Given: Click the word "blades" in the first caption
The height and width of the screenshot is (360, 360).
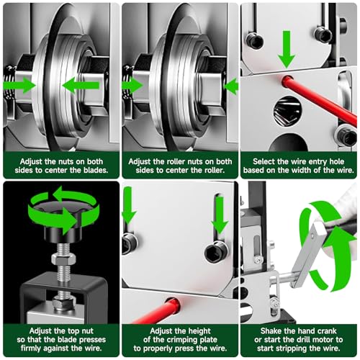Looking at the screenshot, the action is pyautogui.click(x=96, y=170).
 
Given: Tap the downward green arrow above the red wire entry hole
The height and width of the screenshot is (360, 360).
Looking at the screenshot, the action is pyautogui.click(x=287, y=49).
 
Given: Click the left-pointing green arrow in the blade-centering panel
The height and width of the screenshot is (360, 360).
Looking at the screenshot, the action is pyautogui.click(x=81, y=86).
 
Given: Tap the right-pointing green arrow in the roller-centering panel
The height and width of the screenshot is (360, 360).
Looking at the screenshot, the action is pyautogui.click(x=132, y=86).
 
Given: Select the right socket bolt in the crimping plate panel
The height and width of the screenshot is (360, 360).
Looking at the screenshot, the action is pyautogui.click(x=216, y=251).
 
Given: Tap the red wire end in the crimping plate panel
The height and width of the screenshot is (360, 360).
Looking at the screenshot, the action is pyautogui.click(x=172, y=305).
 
